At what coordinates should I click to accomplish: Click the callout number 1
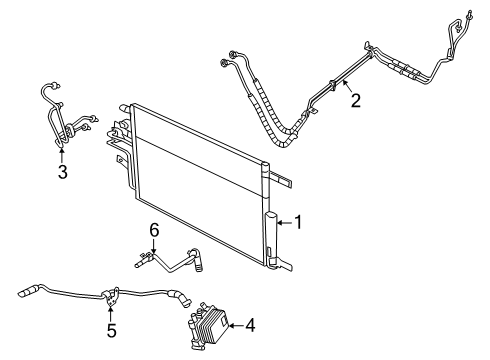(297, 223)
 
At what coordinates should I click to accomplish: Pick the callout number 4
(249, 325)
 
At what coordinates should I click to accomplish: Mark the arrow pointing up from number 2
(346, 87)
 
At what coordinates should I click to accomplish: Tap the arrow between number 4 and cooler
(236, 325)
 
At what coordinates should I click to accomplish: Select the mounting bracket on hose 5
(112, 294)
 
